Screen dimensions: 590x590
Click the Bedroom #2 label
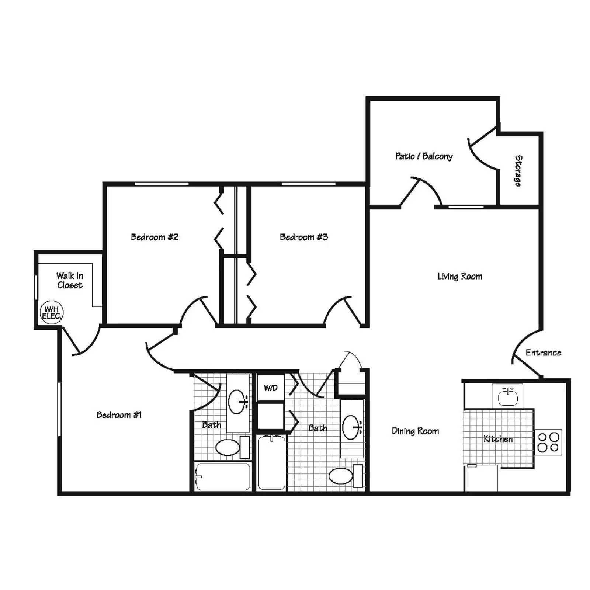[155, 237]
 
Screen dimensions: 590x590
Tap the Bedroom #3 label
[303, 237]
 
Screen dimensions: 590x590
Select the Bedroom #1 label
[119, 415]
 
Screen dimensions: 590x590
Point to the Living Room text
[459, 276]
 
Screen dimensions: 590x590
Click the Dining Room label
[415, 431]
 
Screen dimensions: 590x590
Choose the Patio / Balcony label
[424, 156]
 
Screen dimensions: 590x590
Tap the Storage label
[518, 170]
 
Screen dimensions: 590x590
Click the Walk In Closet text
[69, 280]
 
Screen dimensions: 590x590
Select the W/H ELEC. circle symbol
[52, 312]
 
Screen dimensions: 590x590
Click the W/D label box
[271, 388]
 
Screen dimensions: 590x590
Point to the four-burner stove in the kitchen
[548, 442]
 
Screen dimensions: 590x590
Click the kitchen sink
[508, 397]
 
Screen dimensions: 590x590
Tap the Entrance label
[543, 353]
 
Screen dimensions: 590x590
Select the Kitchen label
[498, 439]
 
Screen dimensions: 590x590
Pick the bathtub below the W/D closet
[272, 463]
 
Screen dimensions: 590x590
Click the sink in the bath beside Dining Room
[351, 427]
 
